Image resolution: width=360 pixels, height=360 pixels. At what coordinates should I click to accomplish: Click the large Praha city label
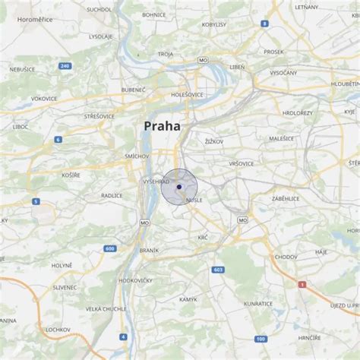tap(162, 126)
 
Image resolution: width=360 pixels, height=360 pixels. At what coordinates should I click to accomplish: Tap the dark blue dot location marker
tap(179, 186)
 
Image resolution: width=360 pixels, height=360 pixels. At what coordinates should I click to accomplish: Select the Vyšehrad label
tap(156, 182)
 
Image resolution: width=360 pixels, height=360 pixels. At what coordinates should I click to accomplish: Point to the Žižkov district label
tap(214, 141)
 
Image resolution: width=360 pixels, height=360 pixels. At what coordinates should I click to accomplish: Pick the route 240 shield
tap(65, 66)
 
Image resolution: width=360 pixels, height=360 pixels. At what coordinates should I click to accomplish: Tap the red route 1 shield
tap(302, 284)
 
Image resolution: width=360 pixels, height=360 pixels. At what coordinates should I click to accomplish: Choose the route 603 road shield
tap(219, 270)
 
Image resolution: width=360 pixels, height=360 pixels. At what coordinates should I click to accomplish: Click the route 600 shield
tap(110, 248)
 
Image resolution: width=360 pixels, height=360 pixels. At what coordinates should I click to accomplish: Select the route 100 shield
tap(261, 338)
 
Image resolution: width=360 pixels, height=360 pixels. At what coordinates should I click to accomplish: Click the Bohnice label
tap(153, 14)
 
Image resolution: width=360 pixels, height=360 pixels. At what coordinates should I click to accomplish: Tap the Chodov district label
tap(286, 257)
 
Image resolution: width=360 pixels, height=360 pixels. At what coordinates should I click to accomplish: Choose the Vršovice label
tap(241, 163)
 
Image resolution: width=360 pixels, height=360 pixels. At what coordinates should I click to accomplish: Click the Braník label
tap(149, 250)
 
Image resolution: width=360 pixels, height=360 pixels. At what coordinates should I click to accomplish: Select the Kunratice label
tap(258, 303)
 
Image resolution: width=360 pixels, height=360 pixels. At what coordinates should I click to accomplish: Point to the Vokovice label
tap(44, 98)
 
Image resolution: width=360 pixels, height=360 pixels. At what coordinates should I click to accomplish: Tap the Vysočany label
tap(283, 73)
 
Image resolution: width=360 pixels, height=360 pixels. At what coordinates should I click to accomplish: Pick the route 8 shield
tap(264, 24)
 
